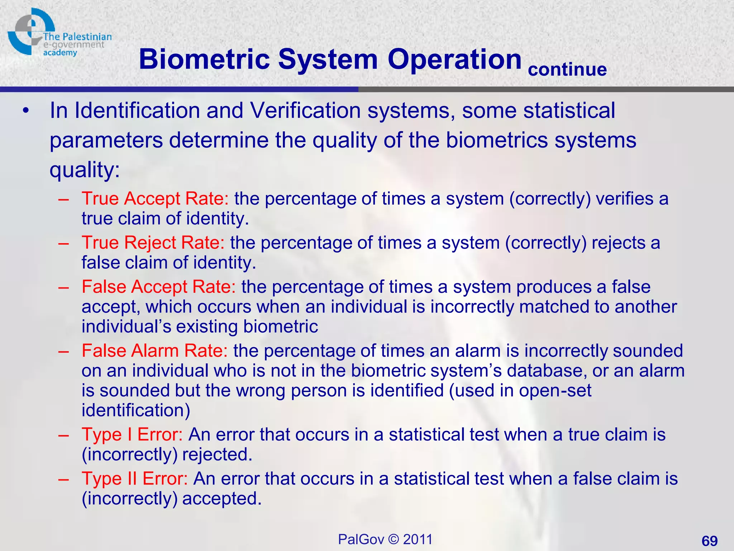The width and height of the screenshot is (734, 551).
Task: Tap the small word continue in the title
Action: point(567,69)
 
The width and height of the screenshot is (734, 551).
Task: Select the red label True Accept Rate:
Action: point(155,198)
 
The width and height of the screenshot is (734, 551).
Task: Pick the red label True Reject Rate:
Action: point(153,242)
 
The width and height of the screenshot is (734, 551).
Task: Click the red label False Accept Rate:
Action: point(158,287)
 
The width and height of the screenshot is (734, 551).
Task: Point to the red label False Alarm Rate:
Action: point(154,350)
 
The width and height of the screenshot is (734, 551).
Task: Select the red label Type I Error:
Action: point(132,434)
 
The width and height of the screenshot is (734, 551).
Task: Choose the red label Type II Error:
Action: point(134,479)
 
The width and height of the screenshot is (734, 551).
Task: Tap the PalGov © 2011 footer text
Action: point(385,539)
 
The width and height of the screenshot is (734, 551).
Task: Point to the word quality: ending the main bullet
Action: point(85,170)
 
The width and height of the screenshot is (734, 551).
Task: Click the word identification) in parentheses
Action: point(136,410)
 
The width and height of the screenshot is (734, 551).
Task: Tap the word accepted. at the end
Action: point(222,499)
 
